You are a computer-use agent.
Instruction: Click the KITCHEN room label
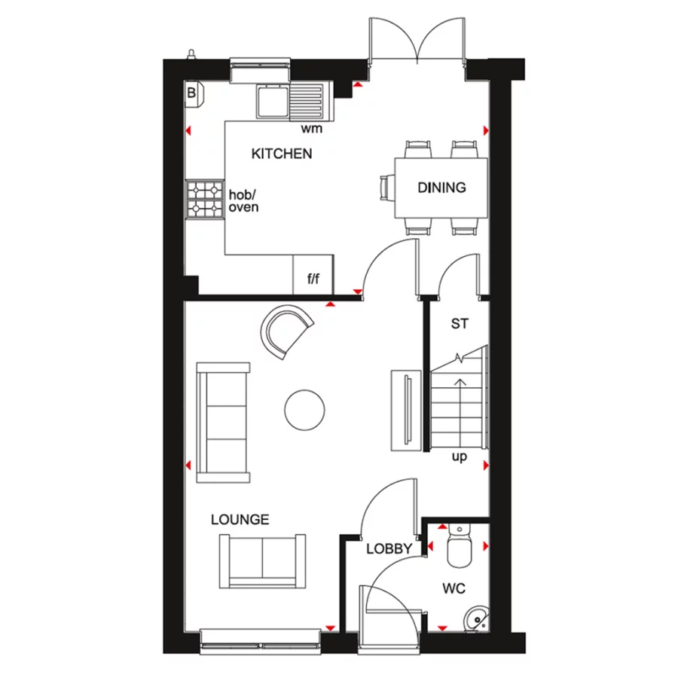click(281, 154)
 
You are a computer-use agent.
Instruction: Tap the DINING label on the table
click(441, 188)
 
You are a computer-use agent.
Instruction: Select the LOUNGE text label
click(240, 520)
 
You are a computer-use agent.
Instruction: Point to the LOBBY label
click(389, 549)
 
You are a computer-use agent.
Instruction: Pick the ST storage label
click(460, 325)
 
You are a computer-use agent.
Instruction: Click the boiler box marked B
click(191, 93)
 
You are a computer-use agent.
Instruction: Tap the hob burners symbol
click(205, 198)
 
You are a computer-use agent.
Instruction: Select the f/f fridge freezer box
click(313, 279)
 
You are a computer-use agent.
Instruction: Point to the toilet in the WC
click(457, 548)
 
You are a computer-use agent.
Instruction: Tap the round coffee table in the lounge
click(305, 409)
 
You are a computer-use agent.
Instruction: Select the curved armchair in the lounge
click(286, 329)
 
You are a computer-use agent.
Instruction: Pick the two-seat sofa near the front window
click(262, 561)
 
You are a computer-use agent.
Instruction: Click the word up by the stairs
click(459, 457)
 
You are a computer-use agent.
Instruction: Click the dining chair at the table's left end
click(387, 188)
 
